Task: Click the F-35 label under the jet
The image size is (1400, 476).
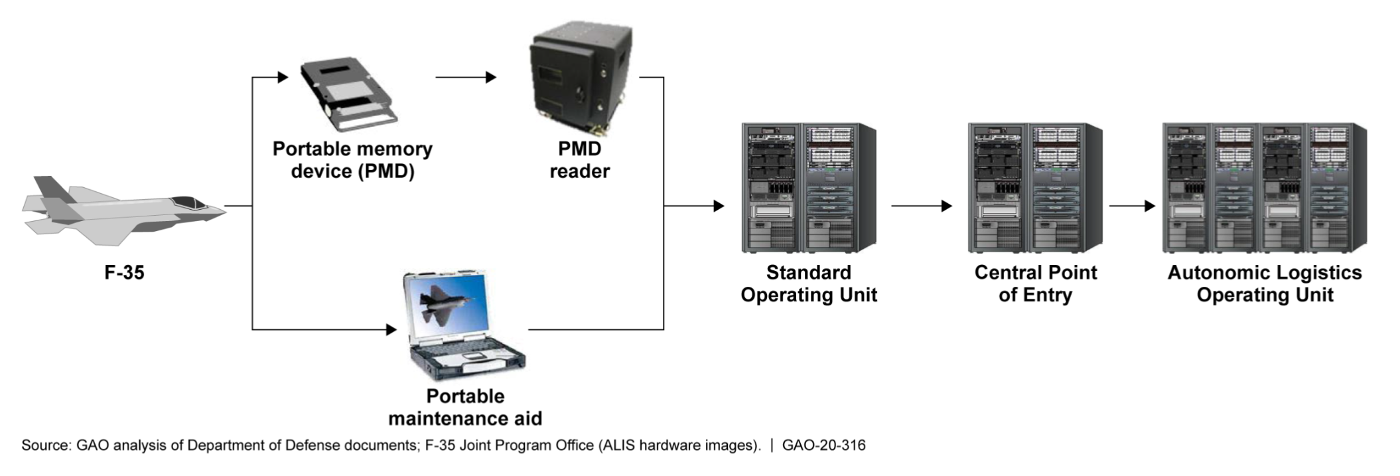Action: pos(124,273)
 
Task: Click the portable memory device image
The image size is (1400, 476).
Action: pos(348,94)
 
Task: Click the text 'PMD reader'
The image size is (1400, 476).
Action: pos(579,160)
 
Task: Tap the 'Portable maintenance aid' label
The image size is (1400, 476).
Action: pos(465,407)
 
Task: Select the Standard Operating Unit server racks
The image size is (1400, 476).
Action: pos(808,188)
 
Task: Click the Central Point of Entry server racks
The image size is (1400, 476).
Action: pos(1034,188)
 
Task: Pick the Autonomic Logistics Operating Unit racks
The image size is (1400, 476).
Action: pos(1264,188)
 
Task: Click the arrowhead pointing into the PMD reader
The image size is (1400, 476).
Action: pos(491,78)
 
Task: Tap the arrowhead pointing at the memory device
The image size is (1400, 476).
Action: pos(283,78)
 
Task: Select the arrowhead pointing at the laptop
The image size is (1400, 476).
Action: pos(391,329)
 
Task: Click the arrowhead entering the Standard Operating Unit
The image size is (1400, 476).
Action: pos(719,206)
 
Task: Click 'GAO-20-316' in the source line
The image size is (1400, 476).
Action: pos(823,445)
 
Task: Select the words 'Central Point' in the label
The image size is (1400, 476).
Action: pos(1035,273)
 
